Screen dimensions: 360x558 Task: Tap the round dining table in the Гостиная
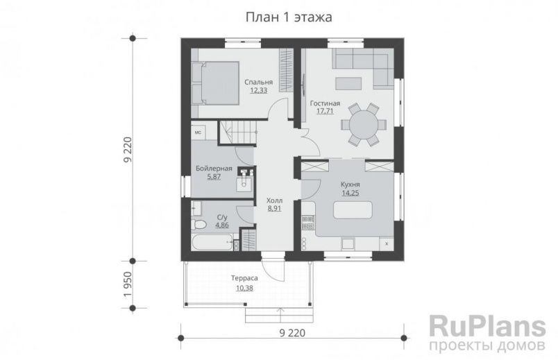[364, 125]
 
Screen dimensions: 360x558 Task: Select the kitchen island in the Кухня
[353, 209]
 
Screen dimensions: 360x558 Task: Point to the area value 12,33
[258, 90]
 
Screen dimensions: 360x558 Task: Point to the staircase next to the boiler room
[240, 132]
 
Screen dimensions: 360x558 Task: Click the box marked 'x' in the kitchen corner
[386, 244]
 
